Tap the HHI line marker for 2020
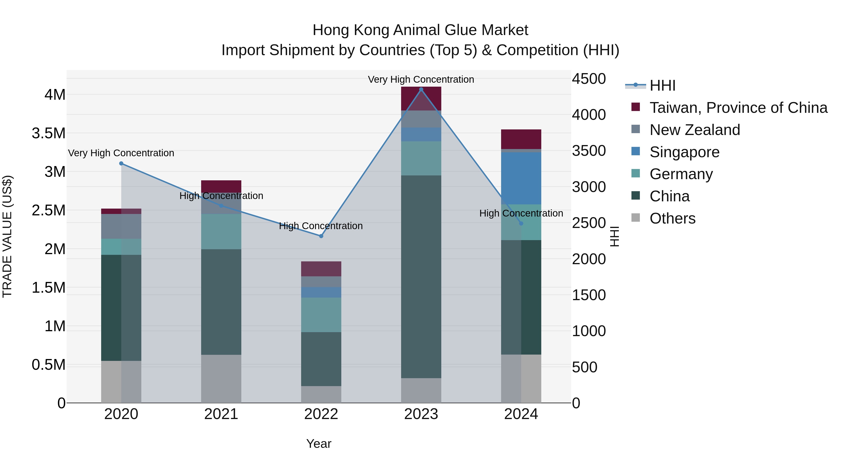tap(121, 163)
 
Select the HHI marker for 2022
tap(321, 236)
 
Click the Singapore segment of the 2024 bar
tap(521, 178)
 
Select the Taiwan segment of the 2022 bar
tap(321, 269)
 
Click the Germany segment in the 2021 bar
tap(221, 231)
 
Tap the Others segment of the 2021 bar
tap(221, 379)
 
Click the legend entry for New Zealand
tap(695, 130)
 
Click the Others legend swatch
tap(636, 217)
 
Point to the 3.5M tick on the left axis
tap(48, 133)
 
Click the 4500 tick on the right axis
tap(589, 79)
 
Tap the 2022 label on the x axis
tap(321, 414)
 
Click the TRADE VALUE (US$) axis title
tap(7, 236)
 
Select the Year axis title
tap(319, 444)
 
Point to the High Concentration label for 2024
tap(521, 213)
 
